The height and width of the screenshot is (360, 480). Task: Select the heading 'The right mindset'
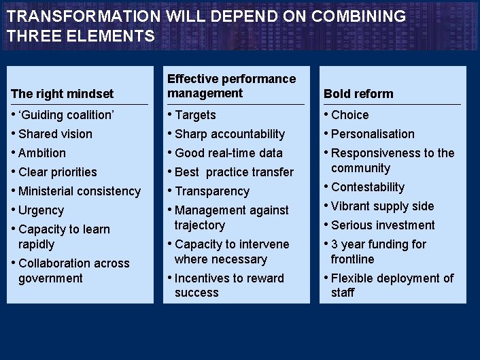coord(63,94)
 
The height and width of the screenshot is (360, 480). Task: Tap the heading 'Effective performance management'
coord(231,86)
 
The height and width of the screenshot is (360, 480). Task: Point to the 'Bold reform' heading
coord(358,94)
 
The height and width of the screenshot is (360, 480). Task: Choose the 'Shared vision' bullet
coord(55,134)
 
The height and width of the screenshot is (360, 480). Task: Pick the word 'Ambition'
coord(42,153)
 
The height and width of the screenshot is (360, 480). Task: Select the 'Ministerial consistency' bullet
coord(80,191)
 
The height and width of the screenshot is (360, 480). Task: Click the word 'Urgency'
coord(41,210)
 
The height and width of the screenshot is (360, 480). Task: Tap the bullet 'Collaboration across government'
coord(73,270)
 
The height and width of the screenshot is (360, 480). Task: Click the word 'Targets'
coord(195,115)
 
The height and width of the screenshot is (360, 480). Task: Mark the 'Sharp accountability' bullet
coord(230,134)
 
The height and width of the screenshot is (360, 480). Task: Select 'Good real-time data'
coord(228,153)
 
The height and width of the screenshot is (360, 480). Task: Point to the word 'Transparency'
coord(212,191)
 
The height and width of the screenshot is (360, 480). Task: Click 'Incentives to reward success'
coord(229,285)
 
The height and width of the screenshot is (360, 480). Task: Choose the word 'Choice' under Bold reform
coord(350,115)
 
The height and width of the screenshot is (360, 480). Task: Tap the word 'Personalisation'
coord(373,134)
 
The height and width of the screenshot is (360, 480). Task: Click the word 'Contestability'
coord(368,187)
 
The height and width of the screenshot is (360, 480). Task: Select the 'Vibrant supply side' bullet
coord(382,206)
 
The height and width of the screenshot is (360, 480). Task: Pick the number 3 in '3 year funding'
coord(335,244)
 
